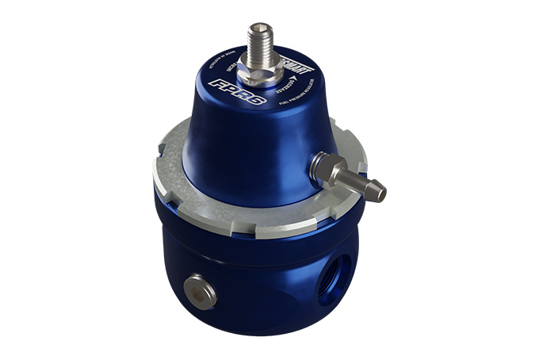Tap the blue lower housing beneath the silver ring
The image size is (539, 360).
(x=254, y=278)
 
